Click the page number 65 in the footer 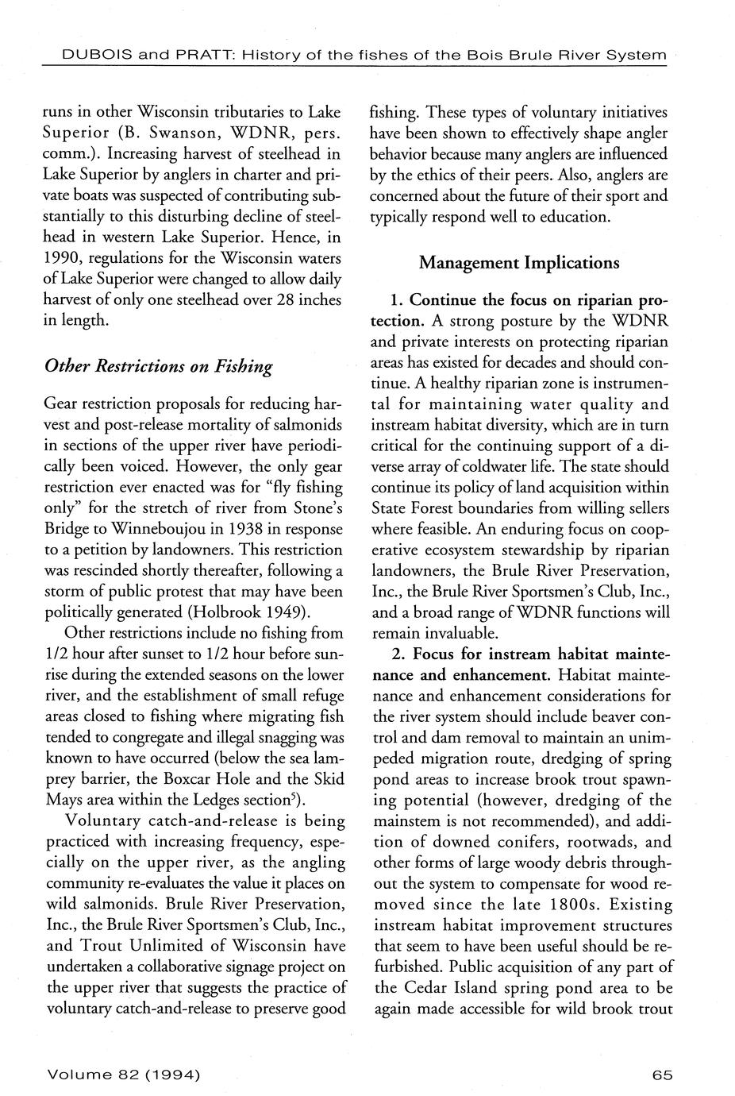[662, 1075]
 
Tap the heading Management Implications [519, 262]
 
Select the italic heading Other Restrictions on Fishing [158, 366]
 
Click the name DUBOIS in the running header [79, 55]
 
